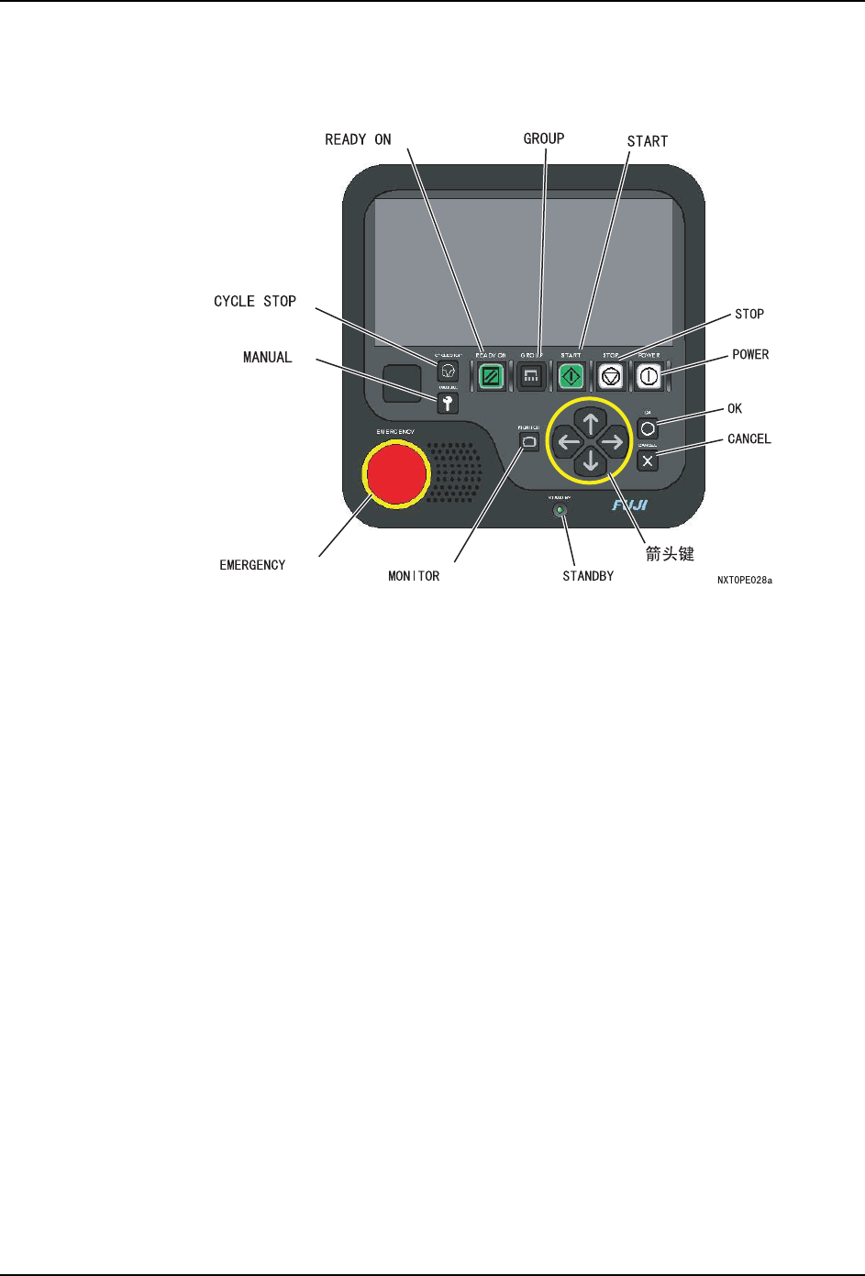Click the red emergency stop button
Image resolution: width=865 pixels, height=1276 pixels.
pyautogui.click(x=396, y=473)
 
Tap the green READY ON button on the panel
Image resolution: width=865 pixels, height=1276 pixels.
pyautogui.click(x=491, y=376)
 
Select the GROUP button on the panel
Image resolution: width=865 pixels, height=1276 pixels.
pyautogui.click(x=531, y=376)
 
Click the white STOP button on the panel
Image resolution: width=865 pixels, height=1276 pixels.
pyautogui.click(x=611, y=376)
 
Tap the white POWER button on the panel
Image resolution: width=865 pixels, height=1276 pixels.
pyautogui.click(x=649, y=376)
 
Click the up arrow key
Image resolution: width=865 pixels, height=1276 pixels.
pyautogui.click(x=591, y=424)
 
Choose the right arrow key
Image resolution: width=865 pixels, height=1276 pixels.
pyautogui.click(x=612, y=442)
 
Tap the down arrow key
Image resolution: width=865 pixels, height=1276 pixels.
pyautogui.click(x=591, y=461)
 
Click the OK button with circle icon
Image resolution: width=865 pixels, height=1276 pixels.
pyautogui.click(x=648, y=428)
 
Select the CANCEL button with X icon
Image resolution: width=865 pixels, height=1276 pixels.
pyautogui.click(x=648, y=460)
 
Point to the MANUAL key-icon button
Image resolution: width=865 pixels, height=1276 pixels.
pyautogui.click(x=448, y=403)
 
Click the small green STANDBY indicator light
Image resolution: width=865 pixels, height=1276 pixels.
pyautogui.click(x=560, y=510)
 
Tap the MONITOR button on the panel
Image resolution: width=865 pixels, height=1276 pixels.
pyautogui.click(x=529, y=441)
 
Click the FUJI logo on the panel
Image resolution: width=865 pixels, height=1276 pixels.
pyautogui.click(x=630, y=505)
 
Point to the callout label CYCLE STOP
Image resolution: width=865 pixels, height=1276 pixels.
pyautogui.click(x=255, y=302)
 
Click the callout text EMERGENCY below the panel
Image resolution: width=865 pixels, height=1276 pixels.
pyautogui.click(x=252, y=565)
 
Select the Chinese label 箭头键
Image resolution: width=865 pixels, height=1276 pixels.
pyautogui.click(x=670, y=553)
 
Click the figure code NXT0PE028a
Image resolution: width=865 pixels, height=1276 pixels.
pyautogui.click(x=745, y=581)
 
